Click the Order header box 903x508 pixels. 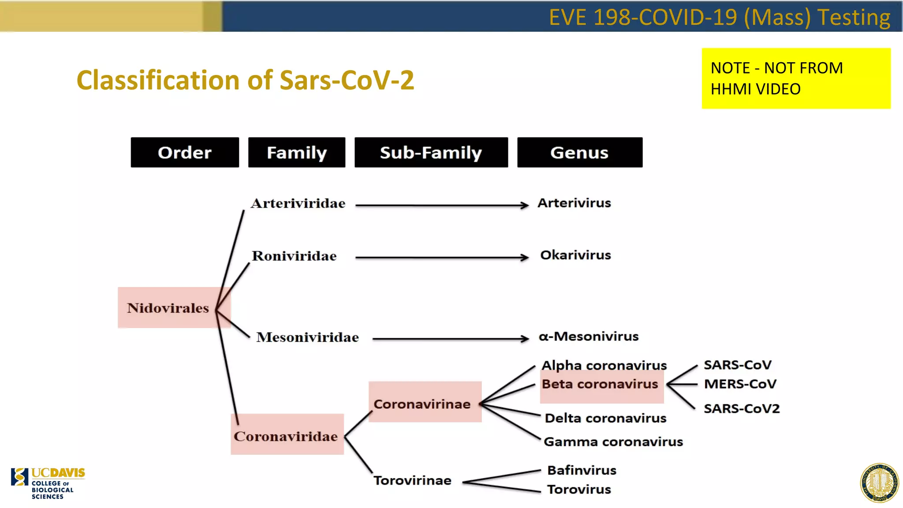click(x=184, y=152)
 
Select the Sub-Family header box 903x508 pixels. click(x=431, y=152)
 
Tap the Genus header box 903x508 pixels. click(x=579, y=152)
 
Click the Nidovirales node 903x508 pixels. click(x=168, y=307)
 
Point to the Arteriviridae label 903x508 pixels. click(x=298, y=203)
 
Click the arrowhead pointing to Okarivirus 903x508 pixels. click(x=524, y=258)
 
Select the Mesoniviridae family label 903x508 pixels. click(x=307, y=337)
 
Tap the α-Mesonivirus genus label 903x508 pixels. click(x=588, y=336)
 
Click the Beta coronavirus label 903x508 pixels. click(x=600, y=384)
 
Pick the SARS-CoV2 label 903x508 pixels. click(x=741, y=408)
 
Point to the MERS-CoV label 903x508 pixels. click(x=740, y=384)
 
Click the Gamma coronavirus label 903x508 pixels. click(x=613, y=441)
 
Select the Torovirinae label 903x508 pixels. click(x=412, y=480)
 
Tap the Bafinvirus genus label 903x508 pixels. click(x=582, y=470)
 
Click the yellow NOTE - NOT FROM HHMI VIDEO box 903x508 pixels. click(x=795, y=78)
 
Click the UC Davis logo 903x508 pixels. click(x=48, y=483)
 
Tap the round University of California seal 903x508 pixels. click(x=879, y=483)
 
